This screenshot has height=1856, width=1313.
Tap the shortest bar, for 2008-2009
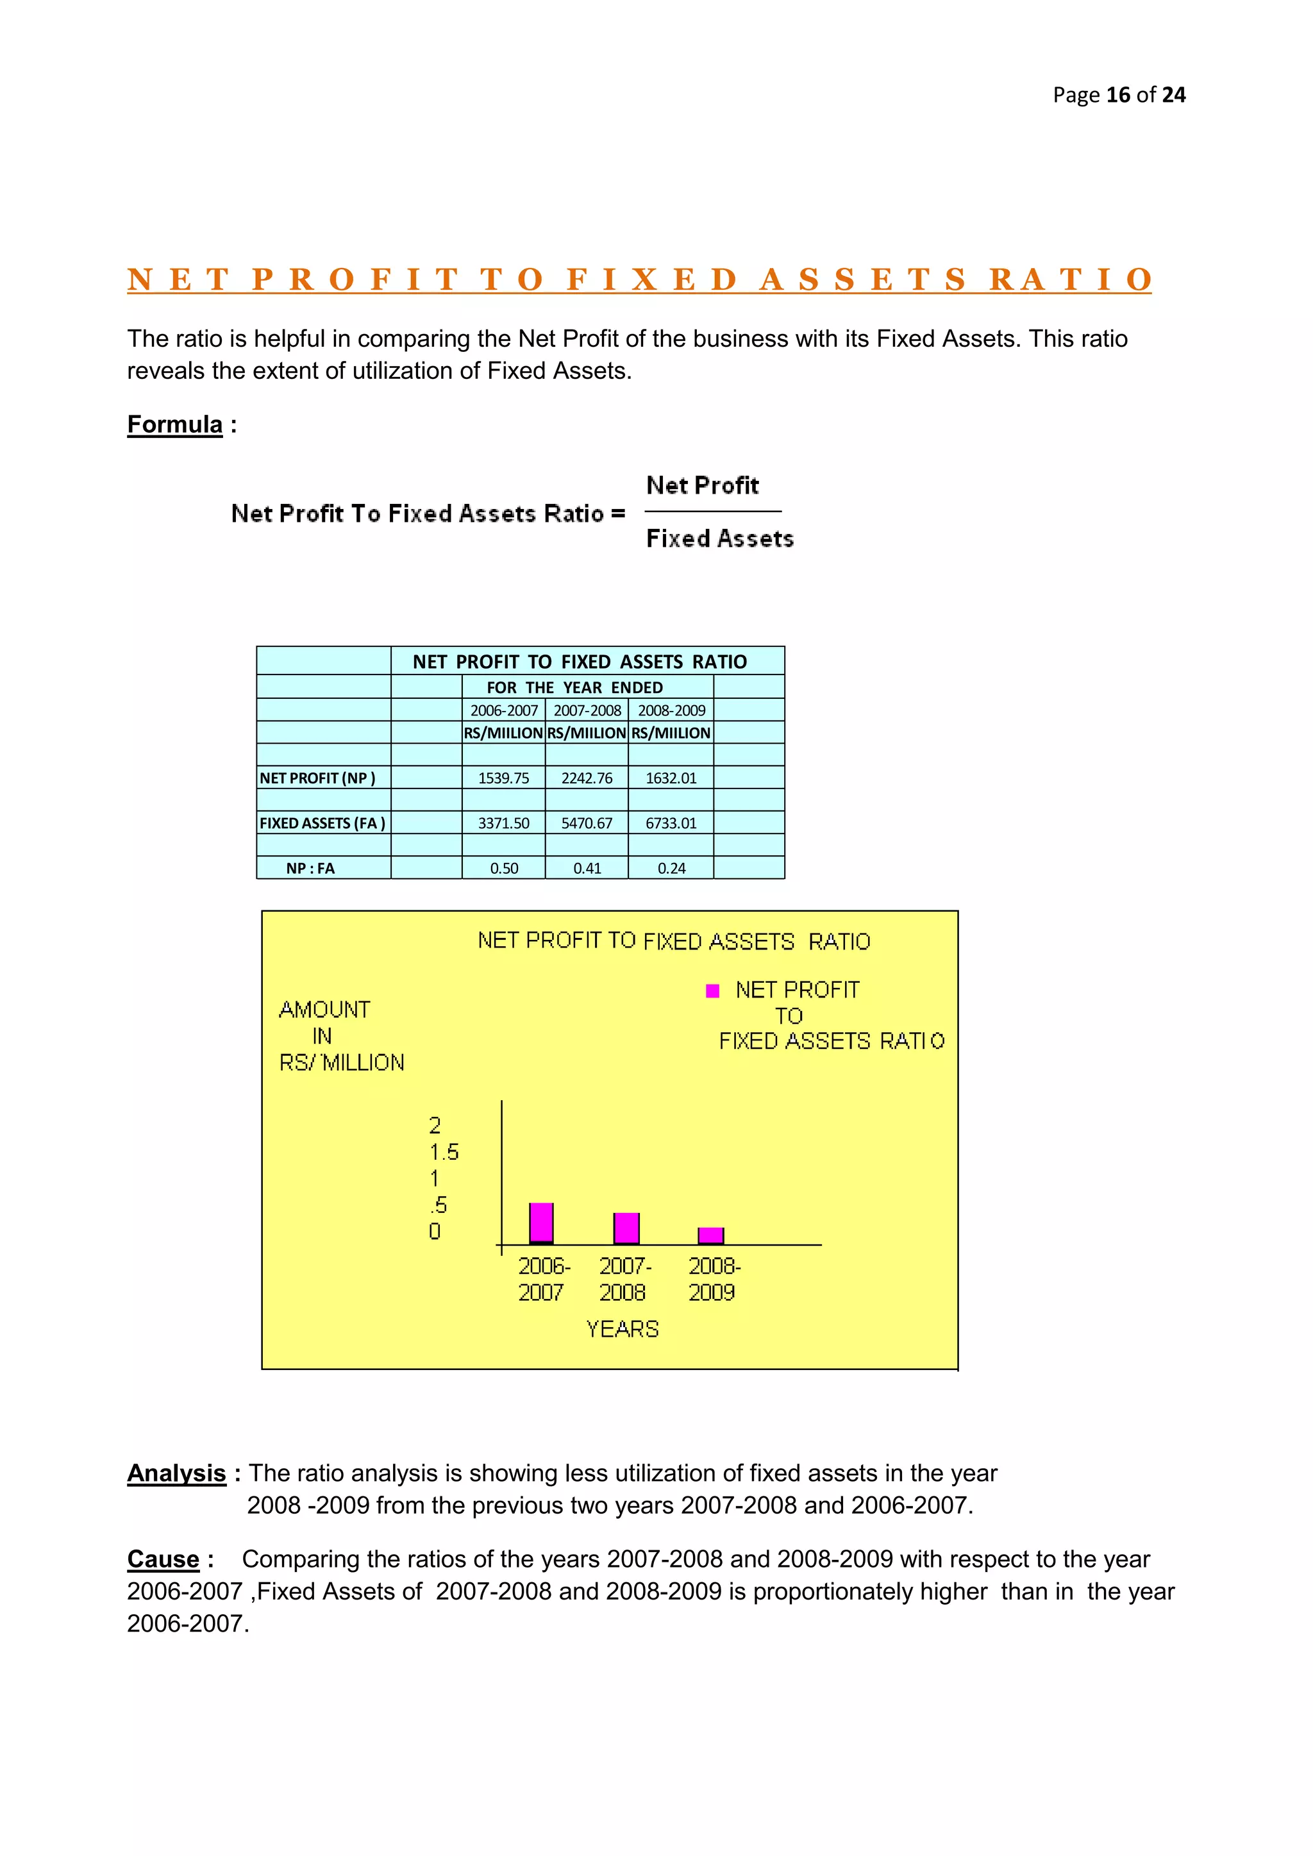[710, 1235]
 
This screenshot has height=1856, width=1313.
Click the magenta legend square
[712, 991]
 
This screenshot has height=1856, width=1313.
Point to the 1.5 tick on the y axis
[444, 1152]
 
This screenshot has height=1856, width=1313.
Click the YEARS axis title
[622, 1329]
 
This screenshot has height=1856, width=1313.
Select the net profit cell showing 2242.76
[587, 778]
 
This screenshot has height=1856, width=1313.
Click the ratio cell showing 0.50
[504, 868]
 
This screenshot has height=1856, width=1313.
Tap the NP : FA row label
[310, 868]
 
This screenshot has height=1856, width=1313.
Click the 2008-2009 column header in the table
[671, 710]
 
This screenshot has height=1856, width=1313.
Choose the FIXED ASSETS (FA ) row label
[322, 823]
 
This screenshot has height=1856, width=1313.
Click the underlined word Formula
[174, 424]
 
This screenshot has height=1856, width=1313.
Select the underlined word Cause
[163, 1559]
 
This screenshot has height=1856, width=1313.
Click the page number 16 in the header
[1117, 96]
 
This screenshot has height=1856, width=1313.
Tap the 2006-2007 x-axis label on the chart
[542, 1279]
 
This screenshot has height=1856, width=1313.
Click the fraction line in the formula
[712, 512]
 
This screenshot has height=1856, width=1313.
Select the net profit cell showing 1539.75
[504, 778]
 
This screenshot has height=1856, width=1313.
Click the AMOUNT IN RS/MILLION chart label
[340, 1035]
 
